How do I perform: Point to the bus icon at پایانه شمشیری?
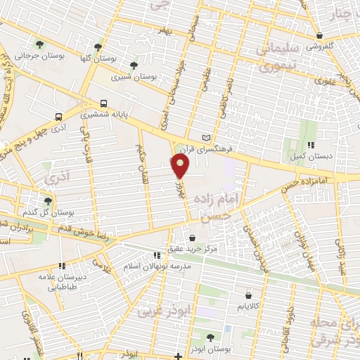104,103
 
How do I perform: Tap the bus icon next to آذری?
58,117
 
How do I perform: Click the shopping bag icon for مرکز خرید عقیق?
192,238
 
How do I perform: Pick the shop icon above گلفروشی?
319,36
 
